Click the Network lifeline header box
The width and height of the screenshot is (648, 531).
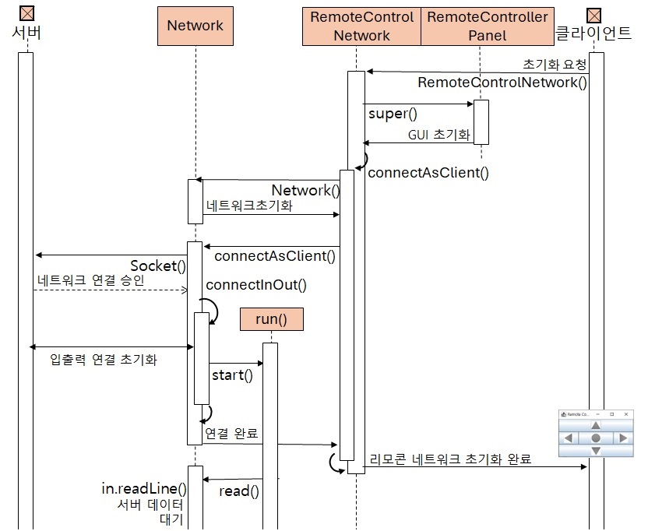[195, 26]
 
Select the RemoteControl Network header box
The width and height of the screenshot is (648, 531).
[361, 26]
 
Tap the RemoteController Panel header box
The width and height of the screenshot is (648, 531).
[488, 26]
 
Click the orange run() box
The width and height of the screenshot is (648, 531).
[271, 318]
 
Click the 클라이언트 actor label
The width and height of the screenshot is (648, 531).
[593, 33]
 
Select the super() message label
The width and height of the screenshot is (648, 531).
[388, 114]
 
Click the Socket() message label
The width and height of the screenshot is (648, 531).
[158, 266]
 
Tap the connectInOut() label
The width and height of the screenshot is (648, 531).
[256, 285]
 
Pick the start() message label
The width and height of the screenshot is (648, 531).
[232, 375]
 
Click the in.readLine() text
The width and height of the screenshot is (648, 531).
[144, 489]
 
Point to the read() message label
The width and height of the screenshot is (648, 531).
[238, 491]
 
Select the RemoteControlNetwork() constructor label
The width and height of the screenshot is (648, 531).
[502, 83]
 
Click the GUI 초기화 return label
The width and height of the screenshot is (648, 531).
[439, 135]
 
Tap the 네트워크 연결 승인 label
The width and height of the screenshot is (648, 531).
[90, 280]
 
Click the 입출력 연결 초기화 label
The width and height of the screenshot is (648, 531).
[104, 360]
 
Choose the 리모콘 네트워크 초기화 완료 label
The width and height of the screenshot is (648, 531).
[450, 459]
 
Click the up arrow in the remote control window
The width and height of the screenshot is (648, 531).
[596, 425]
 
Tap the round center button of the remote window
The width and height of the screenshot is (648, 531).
[596, 438]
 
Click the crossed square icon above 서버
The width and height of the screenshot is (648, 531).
[26, 13]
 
